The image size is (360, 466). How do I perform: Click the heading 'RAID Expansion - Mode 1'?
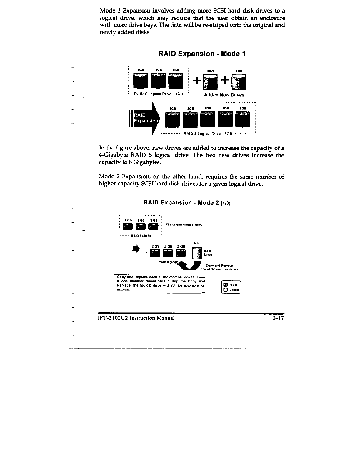202,54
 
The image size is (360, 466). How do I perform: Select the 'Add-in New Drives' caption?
224,95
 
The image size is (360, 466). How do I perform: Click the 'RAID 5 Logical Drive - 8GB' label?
208,133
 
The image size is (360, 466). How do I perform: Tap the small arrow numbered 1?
136,249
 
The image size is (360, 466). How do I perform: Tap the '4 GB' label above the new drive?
198,243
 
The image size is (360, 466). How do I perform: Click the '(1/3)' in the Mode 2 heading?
227,203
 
